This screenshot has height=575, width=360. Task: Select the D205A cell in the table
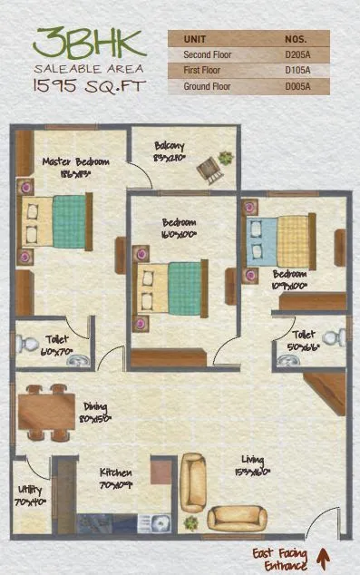coord(296,54)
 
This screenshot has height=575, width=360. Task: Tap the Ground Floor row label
coord(207,86)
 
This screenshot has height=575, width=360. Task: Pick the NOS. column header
coord(296,40)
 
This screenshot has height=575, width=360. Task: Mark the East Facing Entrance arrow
coord(323,554)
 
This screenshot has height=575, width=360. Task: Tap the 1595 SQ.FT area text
coord(78,87)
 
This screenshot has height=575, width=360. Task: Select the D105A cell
coord(296,71)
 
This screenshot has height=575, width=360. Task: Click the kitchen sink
coord(161,523)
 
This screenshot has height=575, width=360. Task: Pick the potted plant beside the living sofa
coord(190,524)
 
